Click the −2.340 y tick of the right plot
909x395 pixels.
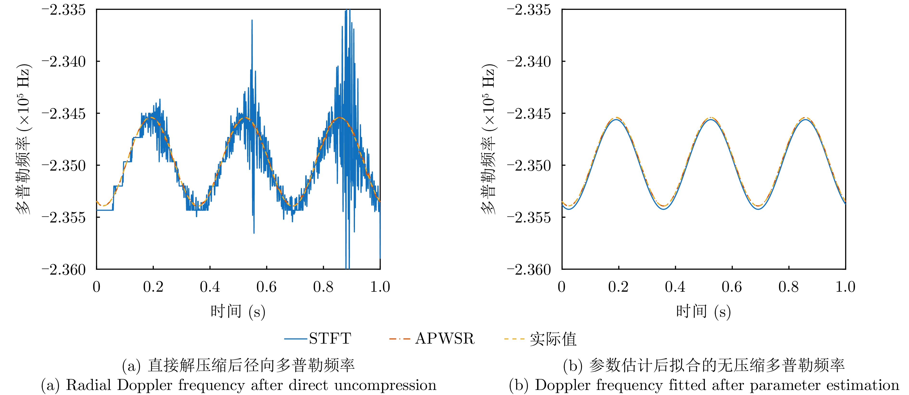click(x=529, y=62)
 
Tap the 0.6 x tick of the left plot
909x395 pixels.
click(x=266, y=287)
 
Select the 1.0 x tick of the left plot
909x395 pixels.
click(x=380, y=287)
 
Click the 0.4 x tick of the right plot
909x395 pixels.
click(x=675, y=287)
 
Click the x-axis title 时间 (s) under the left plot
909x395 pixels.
click(x=238, y=311)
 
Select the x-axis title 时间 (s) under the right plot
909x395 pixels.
click(x=703, y=311)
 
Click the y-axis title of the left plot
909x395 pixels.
click(x=23, y=139)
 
